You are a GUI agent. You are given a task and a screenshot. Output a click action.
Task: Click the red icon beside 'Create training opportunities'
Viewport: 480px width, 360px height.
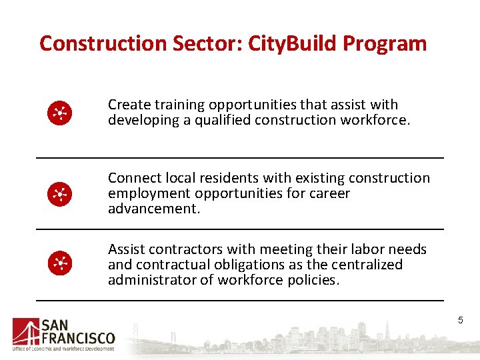[59, 114]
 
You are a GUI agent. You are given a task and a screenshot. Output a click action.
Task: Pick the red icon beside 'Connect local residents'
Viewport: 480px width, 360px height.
[59, 194]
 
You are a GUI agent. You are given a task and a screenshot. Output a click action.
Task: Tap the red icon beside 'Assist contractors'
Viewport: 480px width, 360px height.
[59, 264]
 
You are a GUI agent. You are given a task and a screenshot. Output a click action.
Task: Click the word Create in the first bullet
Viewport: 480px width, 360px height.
[129, 105]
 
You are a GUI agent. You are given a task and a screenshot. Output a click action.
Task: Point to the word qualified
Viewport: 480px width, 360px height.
[205, 121]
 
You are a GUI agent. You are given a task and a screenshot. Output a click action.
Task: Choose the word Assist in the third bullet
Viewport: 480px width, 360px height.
[127, 249]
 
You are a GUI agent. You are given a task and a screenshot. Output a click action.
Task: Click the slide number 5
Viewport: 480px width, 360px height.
[460, 321]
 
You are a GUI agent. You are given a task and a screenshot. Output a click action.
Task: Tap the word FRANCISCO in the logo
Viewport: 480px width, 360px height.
[78, 338]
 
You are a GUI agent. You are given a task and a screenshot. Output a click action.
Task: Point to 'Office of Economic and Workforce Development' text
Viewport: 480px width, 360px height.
[63, 349]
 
